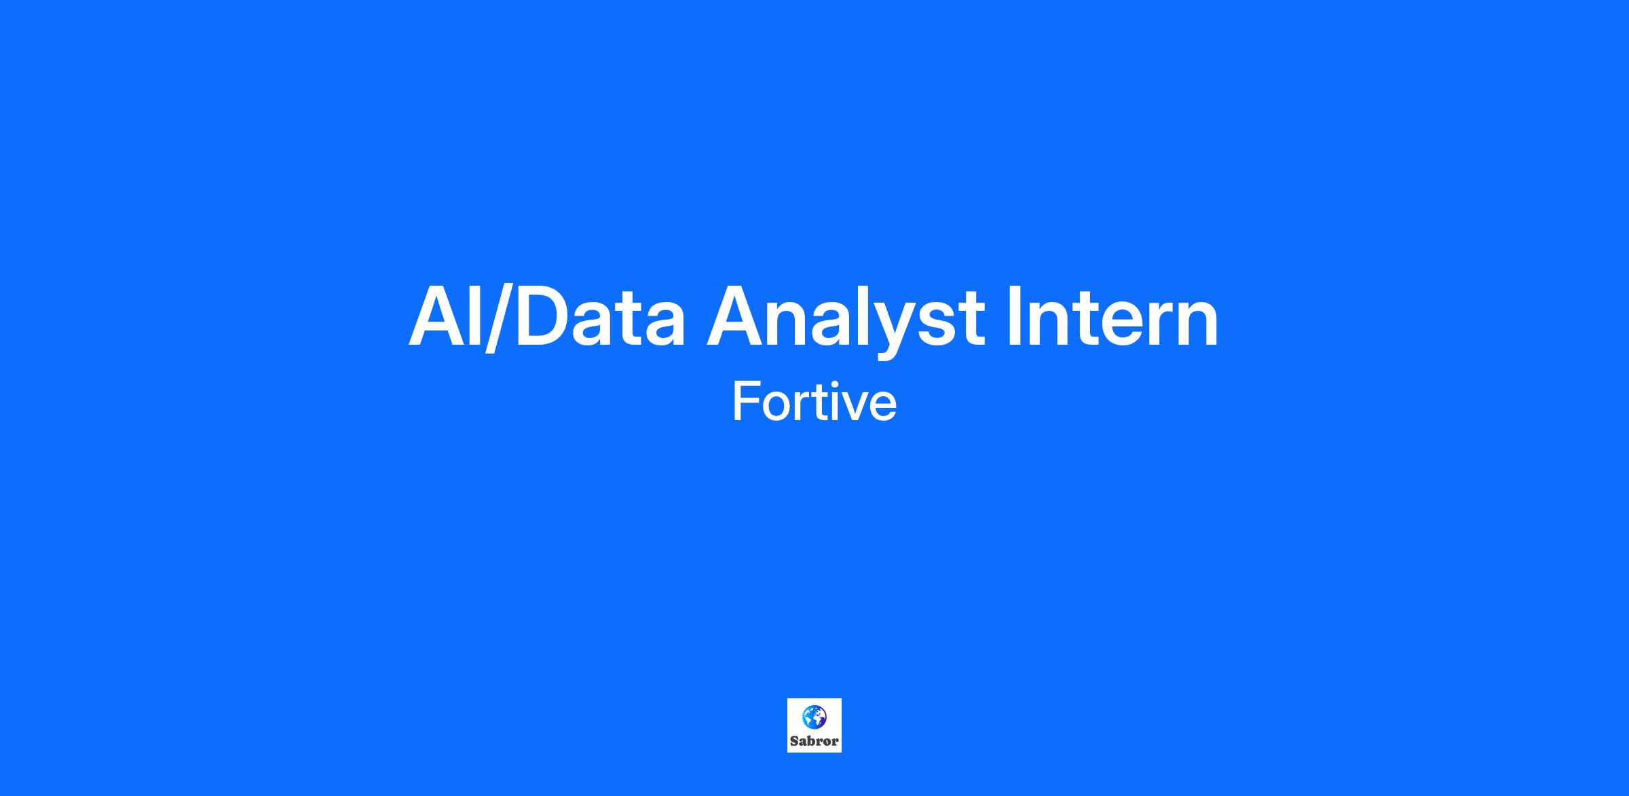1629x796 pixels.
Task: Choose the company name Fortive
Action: (814, 402)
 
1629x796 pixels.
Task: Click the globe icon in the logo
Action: (814, 717)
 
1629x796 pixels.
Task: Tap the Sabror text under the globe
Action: (814, 741)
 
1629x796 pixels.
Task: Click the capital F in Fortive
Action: (745, 402)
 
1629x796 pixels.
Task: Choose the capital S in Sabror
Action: (794, 741)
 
